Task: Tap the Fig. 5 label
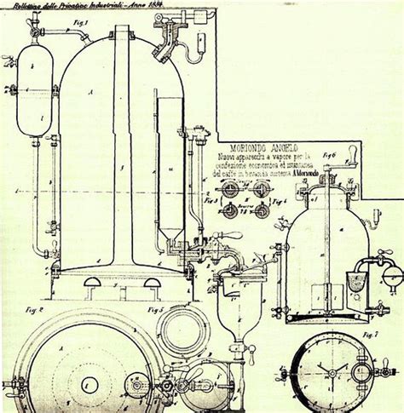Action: [x=155, y=306]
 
